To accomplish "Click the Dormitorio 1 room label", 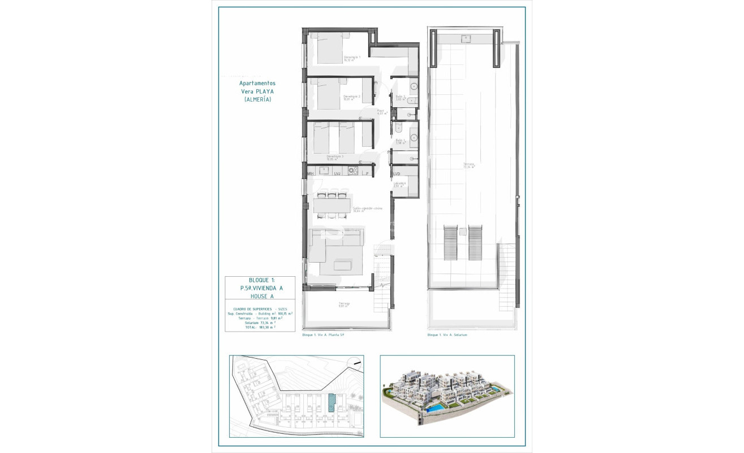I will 352,58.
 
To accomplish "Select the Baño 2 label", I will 401,97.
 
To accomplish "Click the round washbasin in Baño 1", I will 414,137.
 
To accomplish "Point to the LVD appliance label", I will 397,173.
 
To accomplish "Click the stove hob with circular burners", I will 353,171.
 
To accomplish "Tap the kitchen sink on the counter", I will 325,170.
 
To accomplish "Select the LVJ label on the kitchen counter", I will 338,174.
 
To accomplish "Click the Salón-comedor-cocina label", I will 368,209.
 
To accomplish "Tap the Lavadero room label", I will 400,184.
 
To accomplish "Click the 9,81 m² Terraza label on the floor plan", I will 344,305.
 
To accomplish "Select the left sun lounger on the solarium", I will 450,242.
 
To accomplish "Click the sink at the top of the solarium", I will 467,39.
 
